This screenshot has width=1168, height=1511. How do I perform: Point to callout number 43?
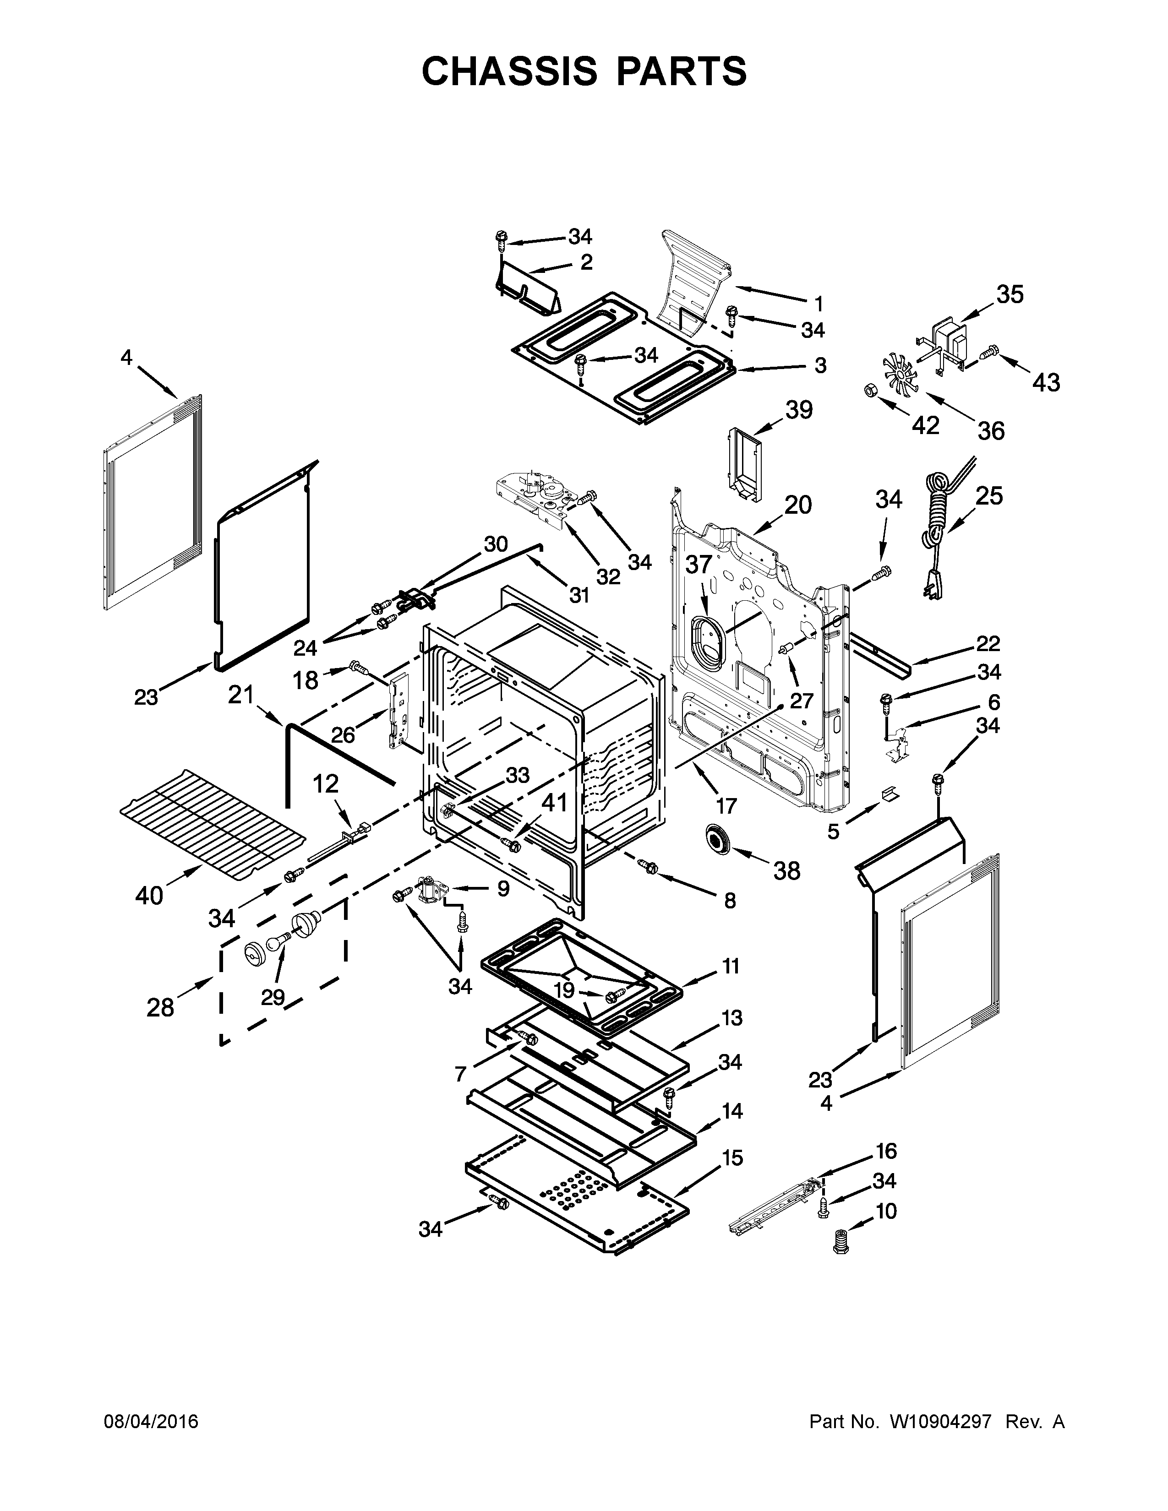[x=1046, y=382]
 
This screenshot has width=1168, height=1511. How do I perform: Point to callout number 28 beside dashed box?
[x=160, y=1007]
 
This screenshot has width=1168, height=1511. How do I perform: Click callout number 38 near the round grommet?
[x=787, y=870]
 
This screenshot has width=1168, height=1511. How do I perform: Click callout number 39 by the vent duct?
[x=798, y=410]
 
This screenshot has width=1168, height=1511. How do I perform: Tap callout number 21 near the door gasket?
[x=241, y=694]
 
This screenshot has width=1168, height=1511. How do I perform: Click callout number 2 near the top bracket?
[x=586, y=262]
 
